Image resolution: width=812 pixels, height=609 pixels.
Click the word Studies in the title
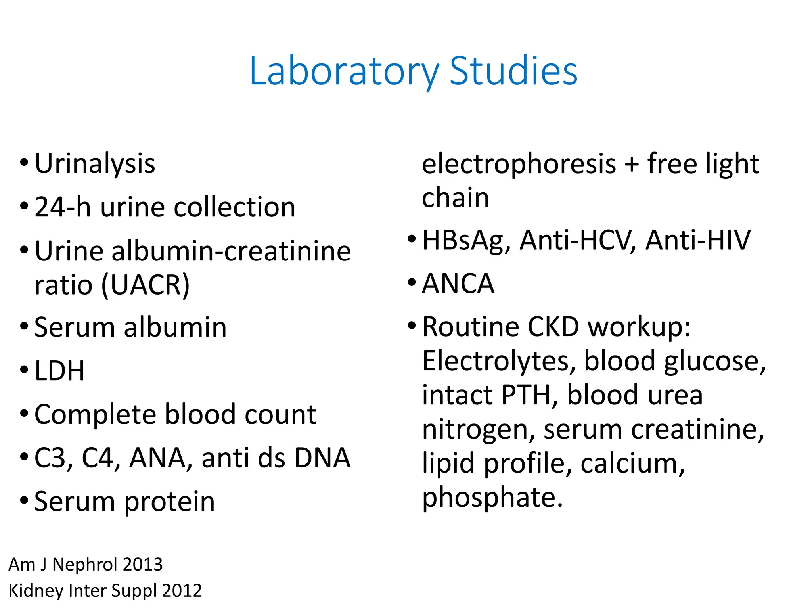[513, 71]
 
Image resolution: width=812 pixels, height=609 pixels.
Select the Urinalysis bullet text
[95, 164]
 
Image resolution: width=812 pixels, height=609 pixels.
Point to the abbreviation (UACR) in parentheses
[146, 285]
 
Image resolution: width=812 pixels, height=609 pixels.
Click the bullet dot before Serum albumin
[24, 326]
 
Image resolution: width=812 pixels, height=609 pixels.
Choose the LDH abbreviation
[60, 371]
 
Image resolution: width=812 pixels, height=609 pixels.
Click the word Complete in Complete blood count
[95, 415]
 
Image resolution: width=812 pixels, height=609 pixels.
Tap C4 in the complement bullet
[101, 458]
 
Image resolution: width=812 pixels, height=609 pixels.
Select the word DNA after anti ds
[322, 458]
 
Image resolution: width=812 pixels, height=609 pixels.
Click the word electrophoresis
[519, 164]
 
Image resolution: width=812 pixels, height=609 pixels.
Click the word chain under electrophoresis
[456, 198]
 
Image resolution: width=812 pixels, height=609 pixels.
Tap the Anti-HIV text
[698, 240]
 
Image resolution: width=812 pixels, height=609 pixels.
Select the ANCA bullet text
[458, 284]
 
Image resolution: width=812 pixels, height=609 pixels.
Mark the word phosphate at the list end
[492, 498]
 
